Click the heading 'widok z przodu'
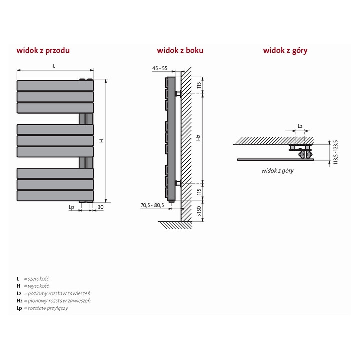pyautogui.click(x=43, y=50)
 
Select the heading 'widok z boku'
pyautogui.click(x=180, y=50)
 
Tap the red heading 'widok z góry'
pyautogui.click(x=285, y=50)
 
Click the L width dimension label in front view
pyautogui.click(x=54, y=66)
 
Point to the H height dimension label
pyautogui.click(x=101, y=141)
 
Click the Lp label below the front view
pyautogui.click(x=72, y=206)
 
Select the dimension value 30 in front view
pyautogui.click(x=100, y=206)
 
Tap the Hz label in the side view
pyautogui.click(x=198, y=136)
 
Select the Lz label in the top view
pyautogui.click(x=300, y=126)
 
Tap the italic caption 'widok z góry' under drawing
pyautogui.click(x=277, y=171)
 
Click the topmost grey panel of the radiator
pyautogui.click(x=55, y=85)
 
